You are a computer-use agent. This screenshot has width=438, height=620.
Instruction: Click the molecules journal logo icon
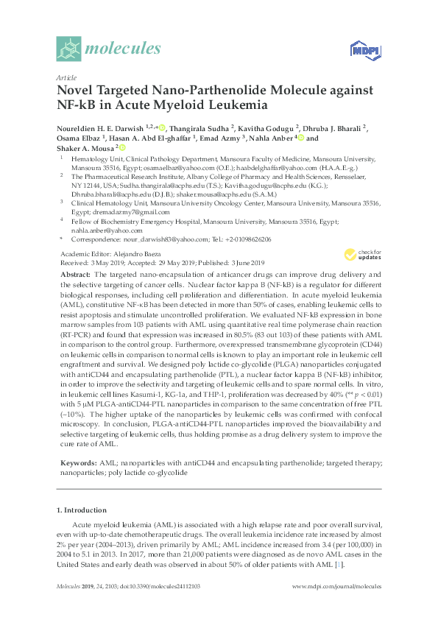click(68, 49)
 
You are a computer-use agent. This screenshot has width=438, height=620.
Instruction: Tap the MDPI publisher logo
click(363, 50)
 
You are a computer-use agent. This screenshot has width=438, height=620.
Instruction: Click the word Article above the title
click(66, 77)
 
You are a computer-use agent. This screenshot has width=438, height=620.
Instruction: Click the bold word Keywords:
click(76, 462)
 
